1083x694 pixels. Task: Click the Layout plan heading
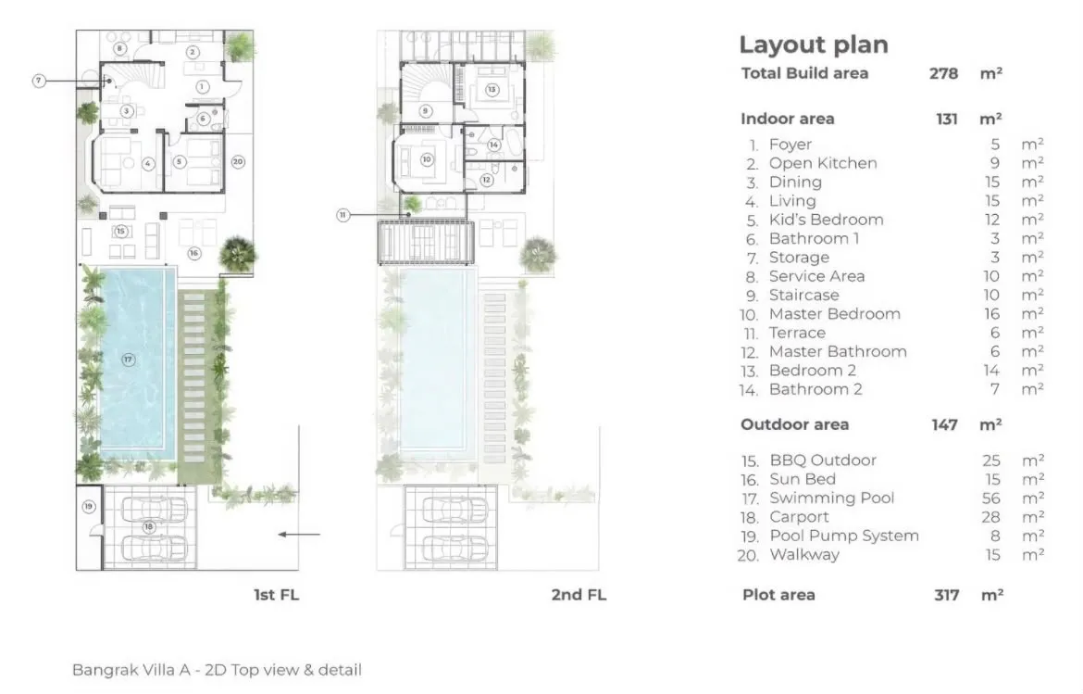tap(814, 44)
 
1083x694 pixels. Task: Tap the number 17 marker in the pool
tap(128, 360)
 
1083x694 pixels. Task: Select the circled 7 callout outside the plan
tap(39, 81)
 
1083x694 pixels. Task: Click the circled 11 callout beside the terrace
tap(343, 215)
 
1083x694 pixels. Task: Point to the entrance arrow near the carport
tap(299, 535)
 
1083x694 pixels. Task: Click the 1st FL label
tap(276, 595)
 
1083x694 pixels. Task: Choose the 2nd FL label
tap(579, 595)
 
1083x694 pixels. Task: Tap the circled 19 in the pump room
tap(89, 507)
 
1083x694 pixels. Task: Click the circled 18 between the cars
tap(148, 526)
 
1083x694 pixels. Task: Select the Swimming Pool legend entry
tap(831, 498)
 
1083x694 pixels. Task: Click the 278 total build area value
tap(943, 73)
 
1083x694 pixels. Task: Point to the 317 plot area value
tap(947, 595)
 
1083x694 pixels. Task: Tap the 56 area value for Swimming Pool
tap(991, 498)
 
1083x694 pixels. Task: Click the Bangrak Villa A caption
tap(217, 670)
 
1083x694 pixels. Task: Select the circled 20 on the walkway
tap(238, 162)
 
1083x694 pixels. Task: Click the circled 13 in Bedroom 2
tap(492, 90)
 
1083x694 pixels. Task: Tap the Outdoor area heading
tap(794, 424)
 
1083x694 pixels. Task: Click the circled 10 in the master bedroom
tap(427, 159)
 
